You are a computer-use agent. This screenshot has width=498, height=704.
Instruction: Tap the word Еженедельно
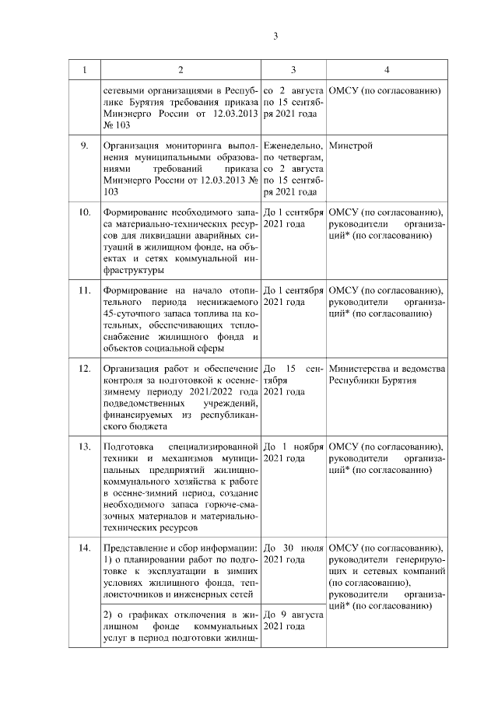[293, 145]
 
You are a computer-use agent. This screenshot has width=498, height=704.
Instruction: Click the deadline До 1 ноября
[294, 447]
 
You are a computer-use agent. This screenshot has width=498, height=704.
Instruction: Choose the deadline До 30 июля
[294, 548]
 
